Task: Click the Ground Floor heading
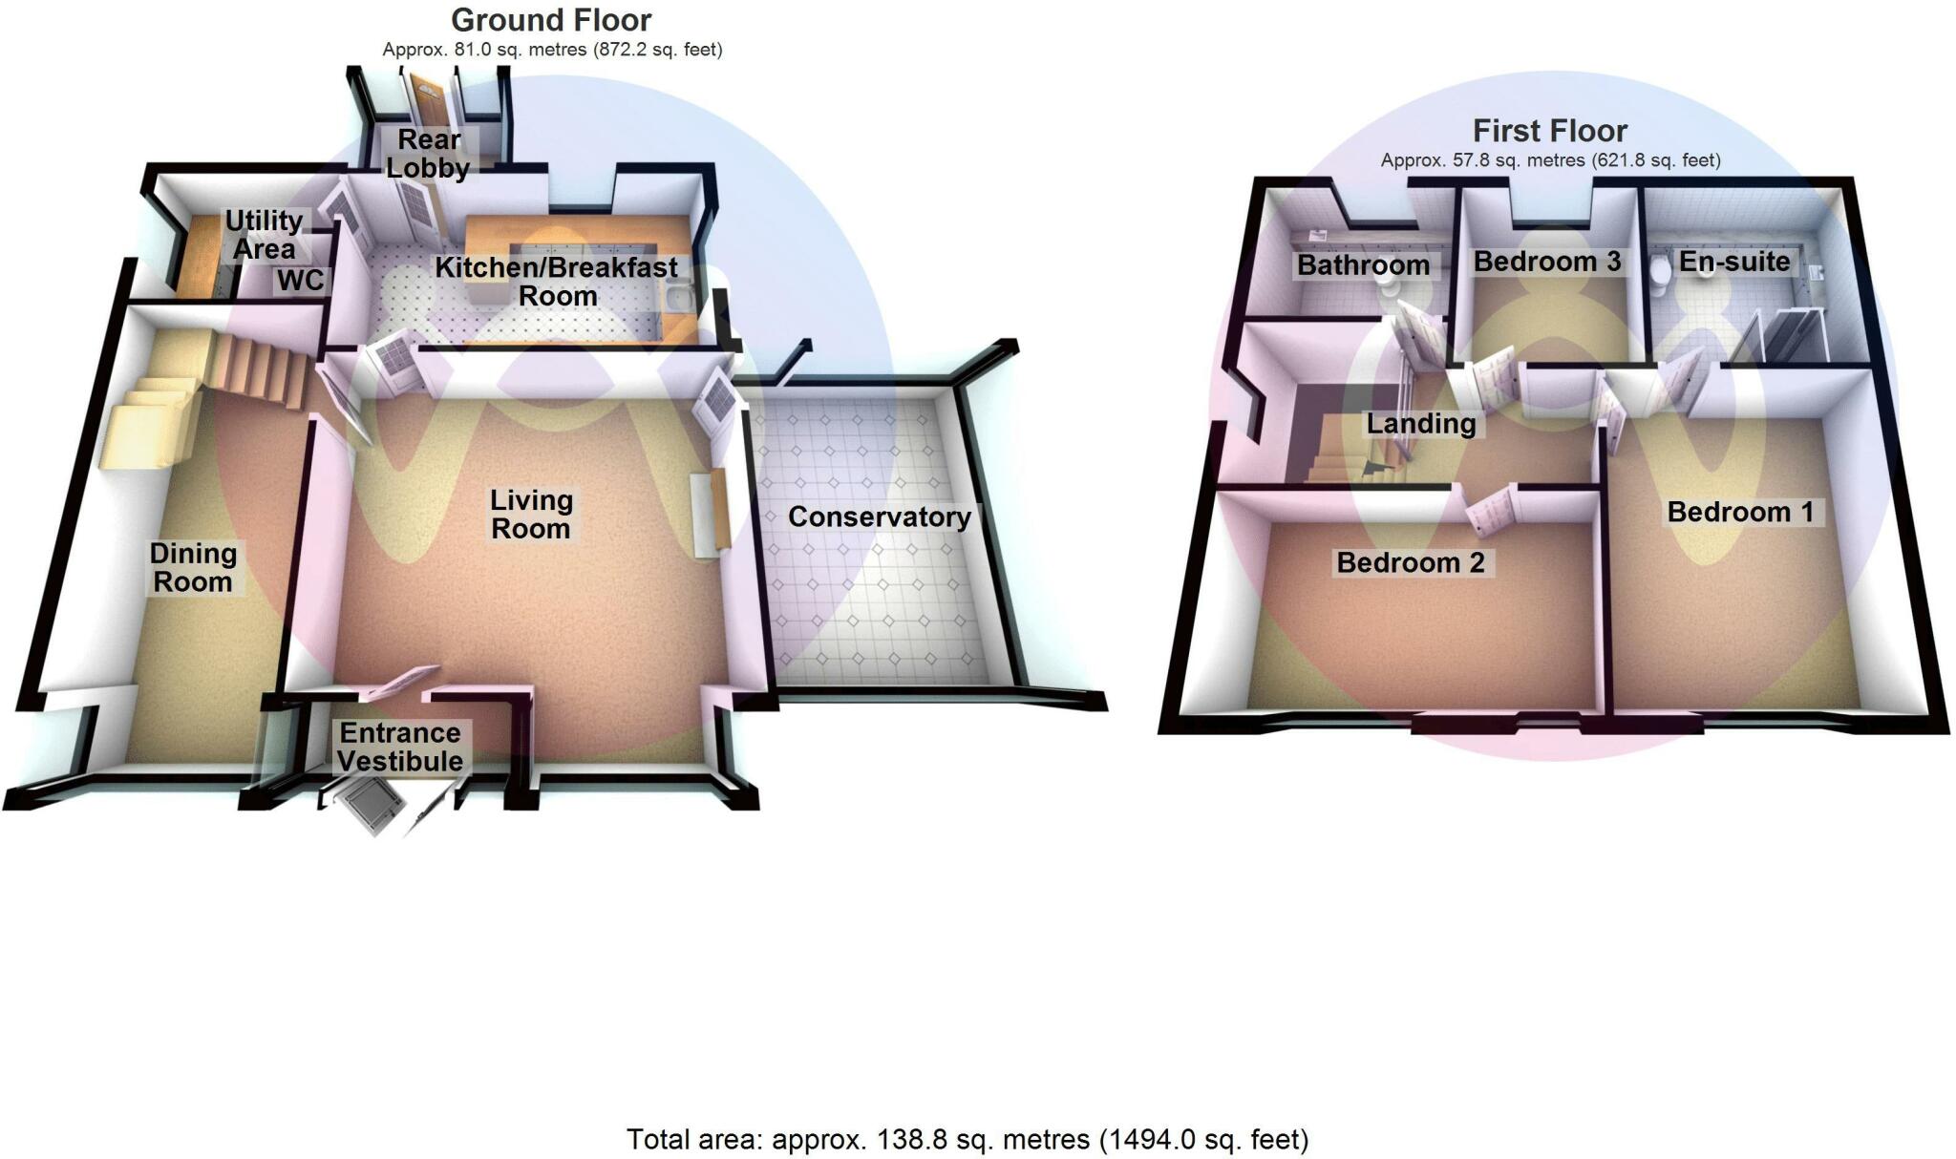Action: pos(551,20)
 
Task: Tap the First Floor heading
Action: pos(1550,131)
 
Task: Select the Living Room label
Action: pos(531,515)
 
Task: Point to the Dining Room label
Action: pos(193,568)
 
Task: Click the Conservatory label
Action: pos(880,517)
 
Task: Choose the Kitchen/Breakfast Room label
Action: pos(557,282)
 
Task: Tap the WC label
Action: pos(301,281)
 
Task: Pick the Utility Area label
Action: pos(264,235)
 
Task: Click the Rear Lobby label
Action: pos(428,154)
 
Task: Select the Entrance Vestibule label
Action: pos(400,748)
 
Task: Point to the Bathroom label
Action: pos(1363,265)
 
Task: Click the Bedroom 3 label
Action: pos(1547,262)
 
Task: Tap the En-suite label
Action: pos(1734,262)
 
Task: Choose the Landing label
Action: pos(1421,424)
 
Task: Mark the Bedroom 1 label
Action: pos(1740,513)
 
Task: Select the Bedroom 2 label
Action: pos(1411,563)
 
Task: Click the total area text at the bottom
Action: pos(967,1139)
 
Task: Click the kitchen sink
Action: pos(680,299)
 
